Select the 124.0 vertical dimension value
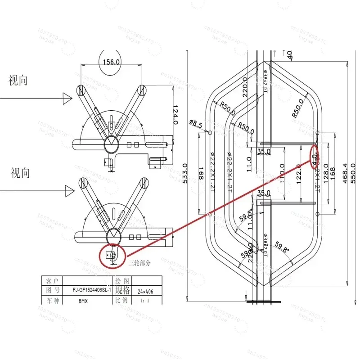[x=175, y=115]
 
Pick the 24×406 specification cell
[x=145, y=292]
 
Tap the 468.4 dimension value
[x=345, y=171]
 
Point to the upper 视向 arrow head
[x=67, y=97]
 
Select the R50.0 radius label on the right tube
[x=300, y=108]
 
